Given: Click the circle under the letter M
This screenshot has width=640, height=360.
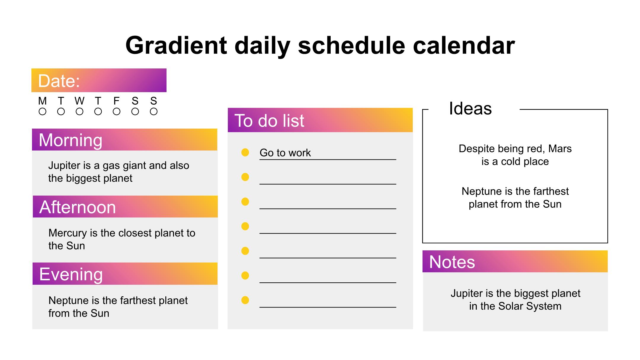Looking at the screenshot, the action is (x=42, y=112).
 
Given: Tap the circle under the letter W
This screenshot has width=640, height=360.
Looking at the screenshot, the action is (x=79, y=112).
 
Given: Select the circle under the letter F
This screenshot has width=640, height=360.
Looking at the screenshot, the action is (x=117, y=112).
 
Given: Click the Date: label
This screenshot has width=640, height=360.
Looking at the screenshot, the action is (x=59, y=81).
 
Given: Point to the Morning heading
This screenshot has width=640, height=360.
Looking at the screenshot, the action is (x=71, y=140).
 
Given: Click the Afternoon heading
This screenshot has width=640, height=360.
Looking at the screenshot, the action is (x=77, y=207).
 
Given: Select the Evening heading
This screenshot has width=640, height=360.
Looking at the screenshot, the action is (x=71, y=274).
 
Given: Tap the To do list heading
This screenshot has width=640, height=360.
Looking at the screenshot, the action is (x=269, y=121).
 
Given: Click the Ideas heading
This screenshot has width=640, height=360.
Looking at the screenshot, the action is (x=470, y=108).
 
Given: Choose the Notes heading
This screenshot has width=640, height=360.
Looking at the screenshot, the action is (x=452, y=262).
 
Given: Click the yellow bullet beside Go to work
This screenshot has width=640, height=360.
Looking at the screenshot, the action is (x=245, y=152).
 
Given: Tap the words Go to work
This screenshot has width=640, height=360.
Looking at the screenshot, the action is (x=285, y=153).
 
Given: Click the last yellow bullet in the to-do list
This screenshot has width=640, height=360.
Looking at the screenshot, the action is (x=245, y=300).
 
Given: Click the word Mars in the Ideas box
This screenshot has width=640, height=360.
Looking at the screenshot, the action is (x=560, y=149).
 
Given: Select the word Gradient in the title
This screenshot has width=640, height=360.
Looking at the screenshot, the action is (x=176, y=46).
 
